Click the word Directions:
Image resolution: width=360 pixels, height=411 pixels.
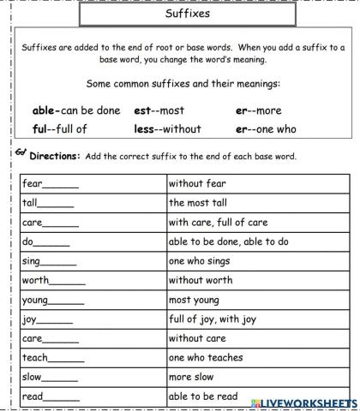[x=68, y=156]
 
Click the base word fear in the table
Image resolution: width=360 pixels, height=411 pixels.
[x=32, y=183]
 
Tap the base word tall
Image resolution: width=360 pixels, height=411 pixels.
[x=29, y=203]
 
